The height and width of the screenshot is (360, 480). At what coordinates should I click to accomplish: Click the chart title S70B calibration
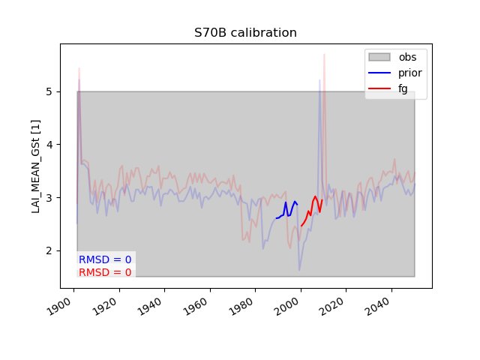(x=245, y=32)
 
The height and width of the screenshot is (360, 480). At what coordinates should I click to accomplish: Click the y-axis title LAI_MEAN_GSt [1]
(x=36, y=166)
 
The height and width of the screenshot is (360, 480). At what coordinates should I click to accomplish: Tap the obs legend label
(x=407, y=57)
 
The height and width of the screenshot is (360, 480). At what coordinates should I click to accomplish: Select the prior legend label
(x=410, y=73)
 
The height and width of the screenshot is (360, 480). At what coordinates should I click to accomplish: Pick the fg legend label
(x=403, y=89)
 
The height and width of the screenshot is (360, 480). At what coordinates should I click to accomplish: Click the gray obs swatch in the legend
(x=379, y=57)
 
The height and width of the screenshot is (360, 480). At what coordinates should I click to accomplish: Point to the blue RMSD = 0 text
(x=105, y=259)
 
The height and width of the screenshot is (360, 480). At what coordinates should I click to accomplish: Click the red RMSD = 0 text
(x=105, y=272)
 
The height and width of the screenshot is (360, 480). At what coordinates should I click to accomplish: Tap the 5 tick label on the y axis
(x=49, y=91)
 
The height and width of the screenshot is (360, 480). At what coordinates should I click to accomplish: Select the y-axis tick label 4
(x=49, y=145)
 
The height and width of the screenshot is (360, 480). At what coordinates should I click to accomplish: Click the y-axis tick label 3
(x=49, y=198)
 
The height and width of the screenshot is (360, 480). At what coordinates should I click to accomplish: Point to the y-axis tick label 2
(x=49, y=250)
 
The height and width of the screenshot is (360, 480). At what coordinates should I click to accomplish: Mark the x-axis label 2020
(x=331, y=307)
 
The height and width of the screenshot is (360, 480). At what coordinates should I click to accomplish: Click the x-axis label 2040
(x=376, y=307)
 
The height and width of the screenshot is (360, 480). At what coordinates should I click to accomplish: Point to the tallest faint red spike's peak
(x=324, y=55)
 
